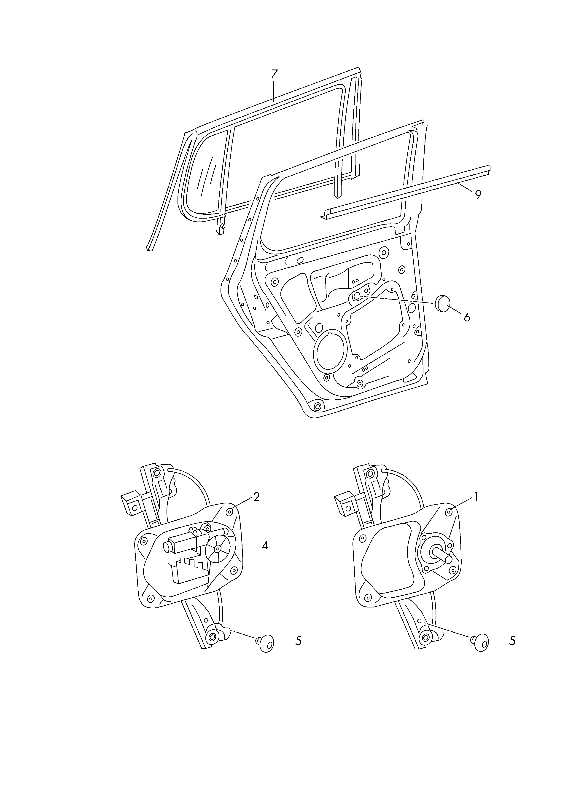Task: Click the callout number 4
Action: coord(265,545)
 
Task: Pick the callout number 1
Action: coord(475,497)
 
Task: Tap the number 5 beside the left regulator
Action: coord(298,641)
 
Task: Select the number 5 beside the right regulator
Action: coord(512,641)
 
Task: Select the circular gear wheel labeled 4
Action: coord(218,549)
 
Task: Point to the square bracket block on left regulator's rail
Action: coord(132,504)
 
